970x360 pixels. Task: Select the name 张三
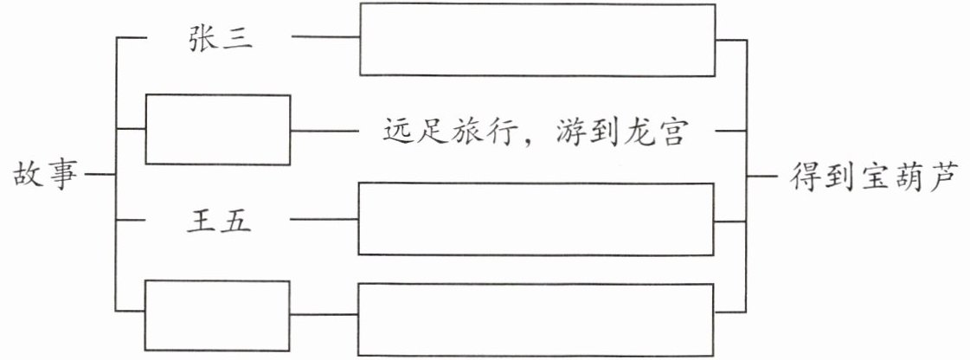(x=220, y=39)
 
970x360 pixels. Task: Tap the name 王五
(x=220, y=222)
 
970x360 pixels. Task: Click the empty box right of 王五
(x=536, y=219)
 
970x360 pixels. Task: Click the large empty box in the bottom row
(x=536, y=318)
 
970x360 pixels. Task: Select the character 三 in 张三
(x=238, y=39)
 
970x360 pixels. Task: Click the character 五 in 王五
(x=238, y=222)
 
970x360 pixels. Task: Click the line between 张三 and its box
(x=325, y=38)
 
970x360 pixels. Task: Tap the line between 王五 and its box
(x=324, y=221)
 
